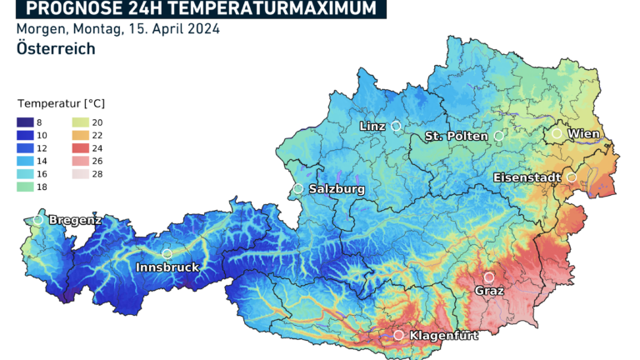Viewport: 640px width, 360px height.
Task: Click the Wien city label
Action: click(583, 133)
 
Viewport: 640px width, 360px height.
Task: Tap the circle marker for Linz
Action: click(396, 126)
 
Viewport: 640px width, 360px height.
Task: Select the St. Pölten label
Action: click(455, 136)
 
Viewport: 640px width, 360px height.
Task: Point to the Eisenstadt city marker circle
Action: click(572, 177)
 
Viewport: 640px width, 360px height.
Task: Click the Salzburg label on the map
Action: click(337, 189)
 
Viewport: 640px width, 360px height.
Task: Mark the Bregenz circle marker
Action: click(38, 220)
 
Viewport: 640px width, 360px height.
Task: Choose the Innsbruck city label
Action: click(167, 267)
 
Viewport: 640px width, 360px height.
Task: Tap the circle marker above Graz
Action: click(488, 277)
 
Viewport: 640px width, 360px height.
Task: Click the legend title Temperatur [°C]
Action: click(61, 103)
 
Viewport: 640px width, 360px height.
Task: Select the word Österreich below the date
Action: click(55, 49)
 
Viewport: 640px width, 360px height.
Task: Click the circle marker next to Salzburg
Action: click(298, 189)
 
